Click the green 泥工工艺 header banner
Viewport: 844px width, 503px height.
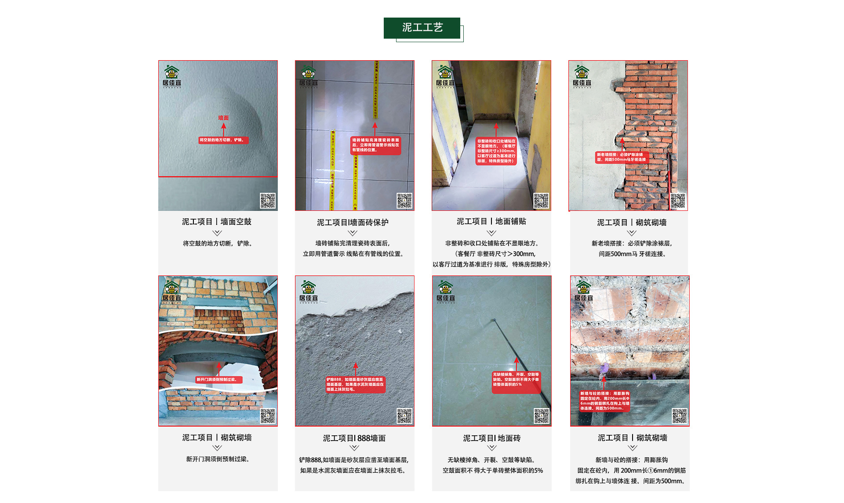pos(422,28)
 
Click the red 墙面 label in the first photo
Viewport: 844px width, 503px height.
pos(223,118)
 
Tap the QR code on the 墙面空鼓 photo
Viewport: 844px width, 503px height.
pos(268,201)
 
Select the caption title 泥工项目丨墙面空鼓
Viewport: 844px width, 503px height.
pos(217,222)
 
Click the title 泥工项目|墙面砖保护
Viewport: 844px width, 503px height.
pos(353,222)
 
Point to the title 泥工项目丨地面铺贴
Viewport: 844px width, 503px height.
pos(491,221)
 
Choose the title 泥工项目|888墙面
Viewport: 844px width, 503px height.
pos(354,438)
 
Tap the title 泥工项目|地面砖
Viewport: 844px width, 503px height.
pos(491,438)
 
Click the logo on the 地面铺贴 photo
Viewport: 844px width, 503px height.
pos(445,76)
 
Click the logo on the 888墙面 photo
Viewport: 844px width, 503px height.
pos(309,291)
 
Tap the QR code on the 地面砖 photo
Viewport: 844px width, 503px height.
pos(542,416)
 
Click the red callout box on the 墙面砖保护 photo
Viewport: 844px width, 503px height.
pos(376,145)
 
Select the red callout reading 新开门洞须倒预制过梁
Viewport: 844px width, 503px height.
pos(218,380)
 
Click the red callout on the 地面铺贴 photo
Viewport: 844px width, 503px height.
pos(496,151)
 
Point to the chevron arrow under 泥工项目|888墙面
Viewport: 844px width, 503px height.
pos(354,448)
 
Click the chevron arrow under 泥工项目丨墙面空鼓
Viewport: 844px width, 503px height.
pos(217,233)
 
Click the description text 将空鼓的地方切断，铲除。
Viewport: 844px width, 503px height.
pos(218,243)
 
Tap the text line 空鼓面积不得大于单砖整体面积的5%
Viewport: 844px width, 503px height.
pos(492,470)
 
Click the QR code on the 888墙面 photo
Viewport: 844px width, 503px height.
pos(404,416)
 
